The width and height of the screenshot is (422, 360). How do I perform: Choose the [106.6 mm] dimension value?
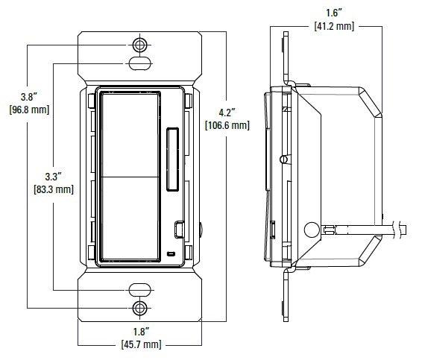(227, 125)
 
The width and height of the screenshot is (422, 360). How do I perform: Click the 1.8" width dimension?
(139, 332)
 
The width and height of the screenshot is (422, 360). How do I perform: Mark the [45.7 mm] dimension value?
(139, 344)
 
